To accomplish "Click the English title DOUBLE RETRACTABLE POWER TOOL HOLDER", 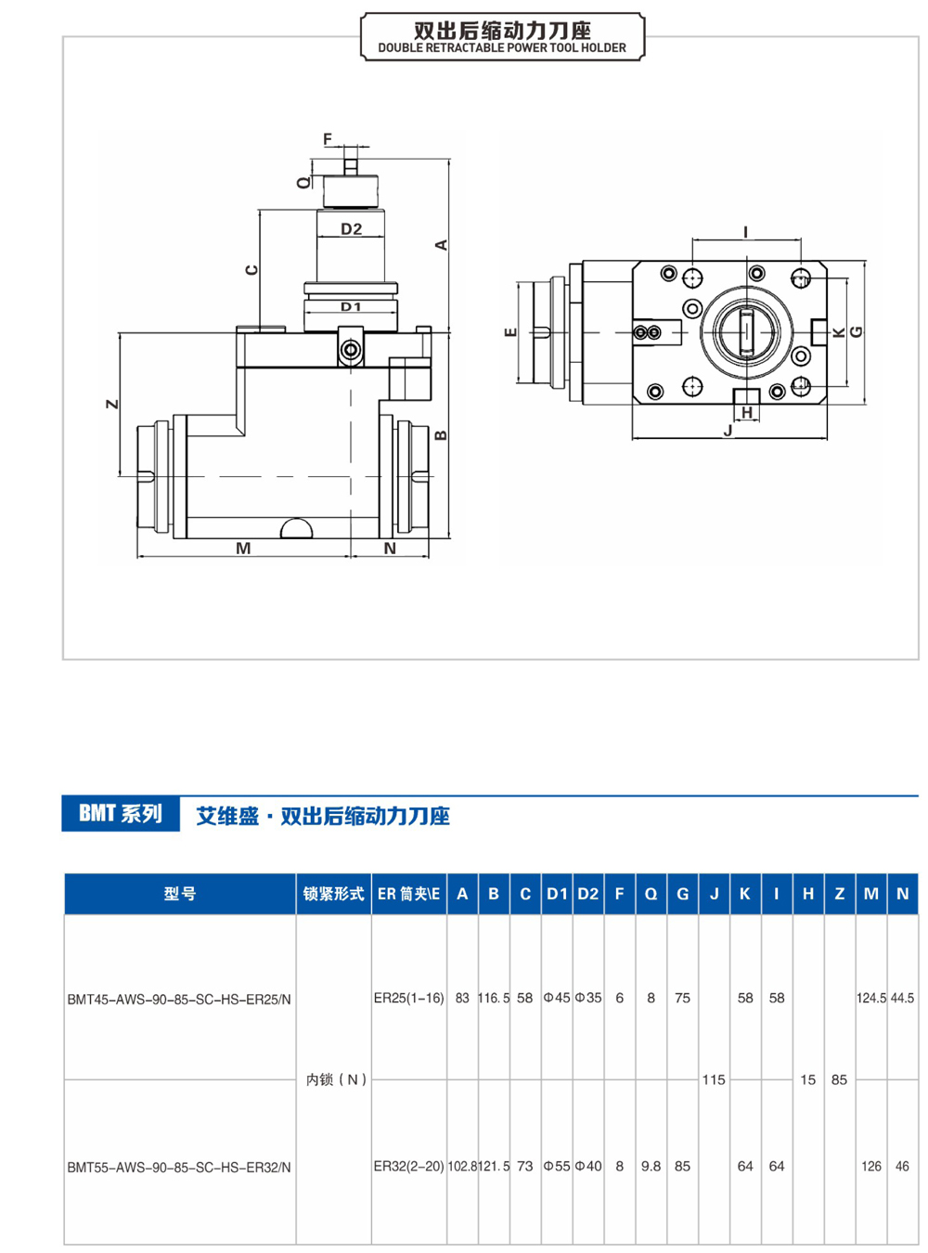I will pyautogui.click(x=502, y=48).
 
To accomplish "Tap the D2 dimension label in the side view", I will pyautogui.click(x=351, y=229).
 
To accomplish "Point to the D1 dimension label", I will pyautogui.click(x=351, y=306).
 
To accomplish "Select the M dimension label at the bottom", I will pyautogui.click(x=243, y=549).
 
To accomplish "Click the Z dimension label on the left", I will pyautogui.click(x=112, y=404).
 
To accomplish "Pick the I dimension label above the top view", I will pyautogui.click(x=745, y=232).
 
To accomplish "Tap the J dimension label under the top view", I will pyautogui.click(x=728, y=431).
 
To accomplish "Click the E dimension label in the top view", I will pyautogui.click(x=509, y=332).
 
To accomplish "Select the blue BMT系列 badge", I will pyautogui.click(x=121, y=814).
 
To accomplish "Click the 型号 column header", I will pyautogui.click(x=180, y=894).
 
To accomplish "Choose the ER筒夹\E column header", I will pyautogui.click(x=408, y=894).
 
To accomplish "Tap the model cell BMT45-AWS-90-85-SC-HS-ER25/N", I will pyautogui.click(x=179, y=1000).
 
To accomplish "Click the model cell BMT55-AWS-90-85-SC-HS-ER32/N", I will pyautogui.click(x=179, y=1168).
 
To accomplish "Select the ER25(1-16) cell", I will pyautogui.click(x=408, y=999).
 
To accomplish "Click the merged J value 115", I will pyautogui.click(x=714, y=1079).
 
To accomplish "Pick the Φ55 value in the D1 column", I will pyautogui.click(x=557, y=1167).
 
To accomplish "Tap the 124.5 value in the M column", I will pyautogui.click(x=870, y=999).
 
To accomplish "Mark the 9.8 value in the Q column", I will pyautogui.click(x=651, y=1167).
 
